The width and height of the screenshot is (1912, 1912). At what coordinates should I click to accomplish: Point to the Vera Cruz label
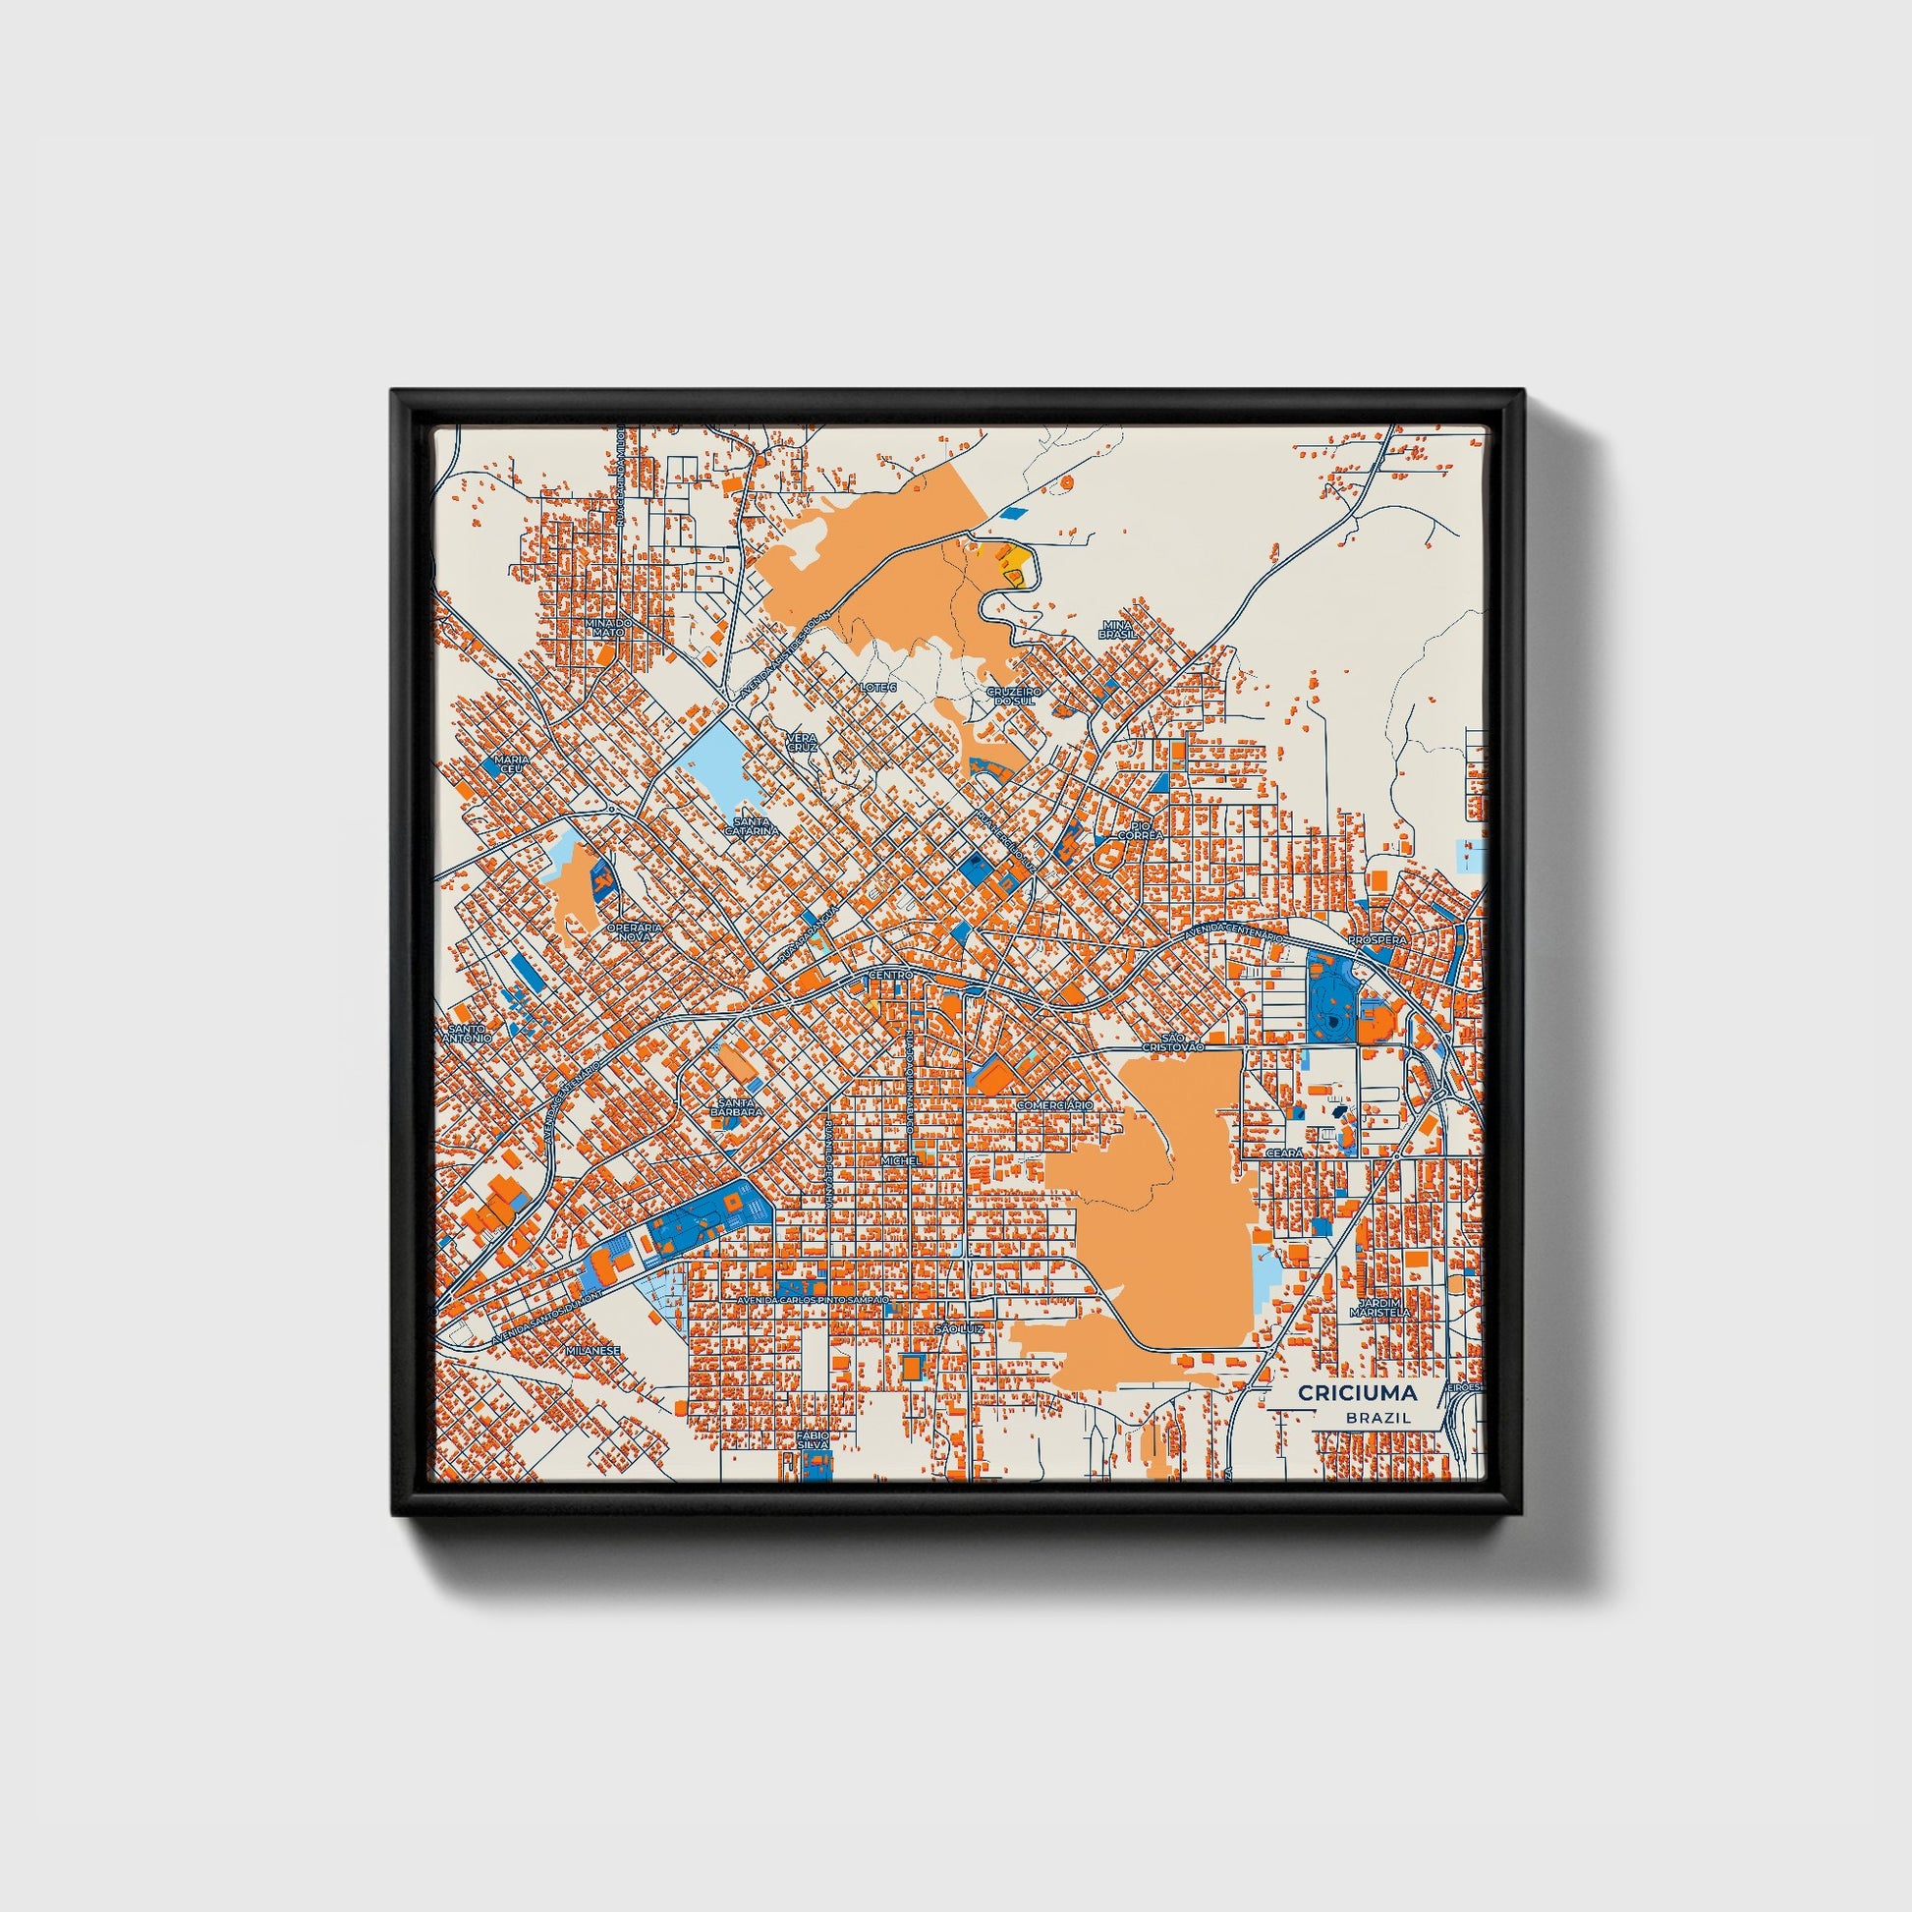[802, 743]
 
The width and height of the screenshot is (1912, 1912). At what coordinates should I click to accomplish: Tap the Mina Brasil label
[1116, 630]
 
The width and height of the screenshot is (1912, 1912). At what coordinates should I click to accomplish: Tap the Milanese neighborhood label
[591, 1350]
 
